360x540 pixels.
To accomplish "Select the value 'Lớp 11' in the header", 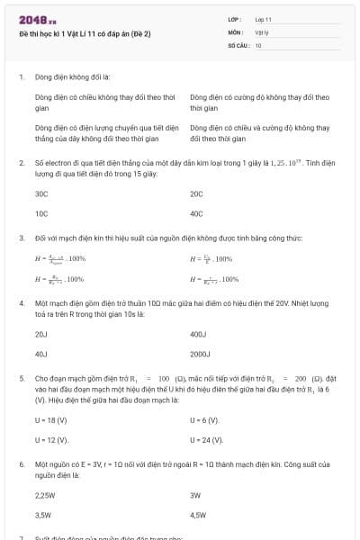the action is (x=263, y=19).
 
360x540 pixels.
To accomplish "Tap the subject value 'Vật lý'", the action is (x=262, y=31).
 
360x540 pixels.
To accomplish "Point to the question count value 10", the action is (x=258, y=44).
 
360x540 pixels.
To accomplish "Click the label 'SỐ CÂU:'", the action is (x=238, y=44).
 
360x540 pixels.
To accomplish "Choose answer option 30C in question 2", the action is (x=41, y=193).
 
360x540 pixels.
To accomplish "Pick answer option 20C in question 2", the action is (x=197, y=193).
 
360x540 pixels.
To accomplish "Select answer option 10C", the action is (x=41, y=213).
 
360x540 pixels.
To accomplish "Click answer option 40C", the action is (x=197, y=213).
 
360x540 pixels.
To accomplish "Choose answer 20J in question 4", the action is (x=40, y=334).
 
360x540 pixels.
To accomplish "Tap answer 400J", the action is (x=199, y=334).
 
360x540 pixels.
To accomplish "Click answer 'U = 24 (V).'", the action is (x=207, y=439).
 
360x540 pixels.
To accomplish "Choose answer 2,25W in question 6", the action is (x=45, y=495).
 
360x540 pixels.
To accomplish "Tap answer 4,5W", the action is (x=199, y=515).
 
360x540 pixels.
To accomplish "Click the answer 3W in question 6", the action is (x=195, y=495).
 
